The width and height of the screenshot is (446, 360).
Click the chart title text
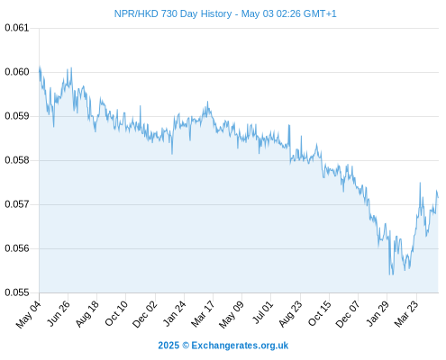(x=225, y=13)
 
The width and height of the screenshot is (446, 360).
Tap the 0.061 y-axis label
(x=17, y=28)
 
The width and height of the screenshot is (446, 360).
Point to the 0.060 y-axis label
(x=17, y=72)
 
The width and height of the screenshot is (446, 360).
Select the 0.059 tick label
(x=17, y=116)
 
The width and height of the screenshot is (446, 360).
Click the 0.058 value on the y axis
(x=17, y=160)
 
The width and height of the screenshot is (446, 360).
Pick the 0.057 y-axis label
(x=17, y=204)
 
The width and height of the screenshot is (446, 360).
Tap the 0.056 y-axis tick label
(x=17, y=248)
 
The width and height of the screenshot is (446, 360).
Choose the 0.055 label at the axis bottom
(x=17, y=292)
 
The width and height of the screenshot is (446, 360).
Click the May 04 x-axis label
(x=28, y=314)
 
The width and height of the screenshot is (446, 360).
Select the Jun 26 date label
(x=58, y=313)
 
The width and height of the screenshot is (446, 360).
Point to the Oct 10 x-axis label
(x=116, y=313)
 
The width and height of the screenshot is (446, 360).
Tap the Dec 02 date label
(x=144, y=314)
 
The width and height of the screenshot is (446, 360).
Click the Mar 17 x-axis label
(x=203, y=313)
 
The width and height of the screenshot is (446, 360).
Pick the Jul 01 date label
(x=262, y=312)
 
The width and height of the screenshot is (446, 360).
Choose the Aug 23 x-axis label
(x=290, y=314)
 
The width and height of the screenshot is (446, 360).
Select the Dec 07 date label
(x=347, y=314)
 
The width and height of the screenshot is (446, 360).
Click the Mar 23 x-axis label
(x=405, y=313)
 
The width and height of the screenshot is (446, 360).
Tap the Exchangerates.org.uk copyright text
(x=223, y=346)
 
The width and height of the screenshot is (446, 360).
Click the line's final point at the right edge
(x=438, y=197)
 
